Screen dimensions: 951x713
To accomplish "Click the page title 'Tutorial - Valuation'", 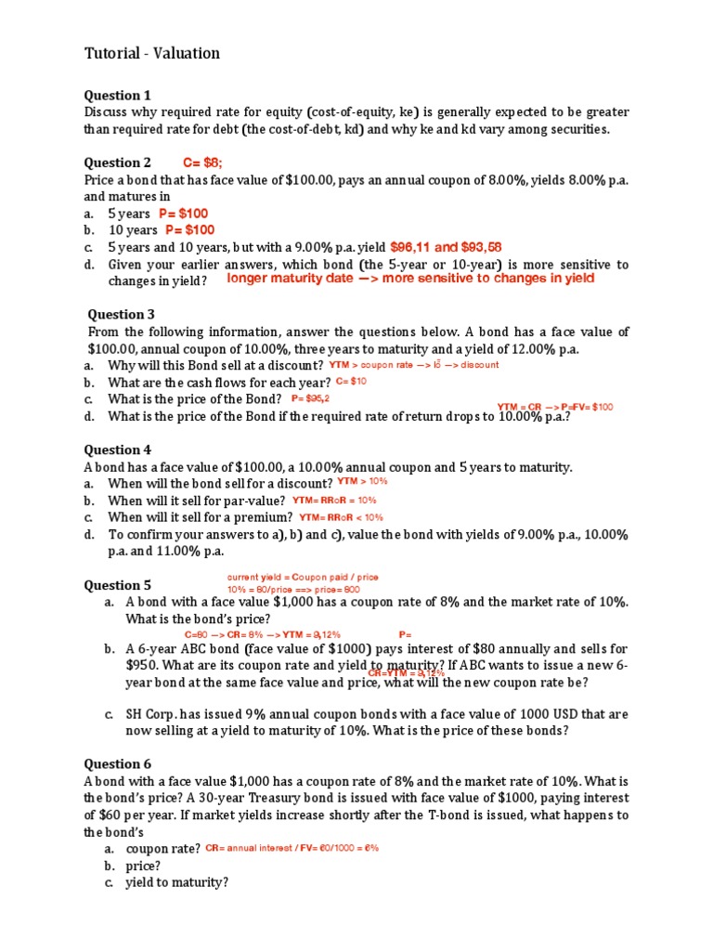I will (x=152, y=53).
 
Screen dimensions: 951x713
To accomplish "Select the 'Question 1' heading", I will (x=117, y=95).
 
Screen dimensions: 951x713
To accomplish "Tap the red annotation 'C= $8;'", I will (x=202, y=163).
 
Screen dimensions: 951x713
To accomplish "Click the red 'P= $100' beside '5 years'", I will (x=183, y=214).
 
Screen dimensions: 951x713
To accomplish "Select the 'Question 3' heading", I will (x=121, y=314).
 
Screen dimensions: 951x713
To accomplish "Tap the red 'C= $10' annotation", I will (x=351, y=381).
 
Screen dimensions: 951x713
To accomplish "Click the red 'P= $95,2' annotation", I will (x=310, y=398).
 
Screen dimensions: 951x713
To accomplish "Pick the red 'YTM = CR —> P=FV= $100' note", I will (x=555, y=407).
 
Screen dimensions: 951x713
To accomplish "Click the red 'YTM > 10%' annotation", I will (x=362, y=482).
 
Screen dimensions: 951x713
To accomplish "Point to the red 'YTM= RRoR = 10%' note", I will (x=334, y=500).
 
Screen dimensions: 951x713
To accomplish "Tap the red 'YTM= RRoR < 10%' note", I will (x=341, y=517).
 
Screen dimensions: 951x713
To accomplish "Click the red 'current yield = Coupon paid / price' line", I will (x=303, y=577).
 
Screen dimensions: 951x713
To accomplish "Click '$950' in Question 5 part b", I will (x=141, y=665).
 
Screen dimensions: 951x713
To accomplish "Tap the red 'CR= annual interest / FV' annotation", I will (x=292, y=848).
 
